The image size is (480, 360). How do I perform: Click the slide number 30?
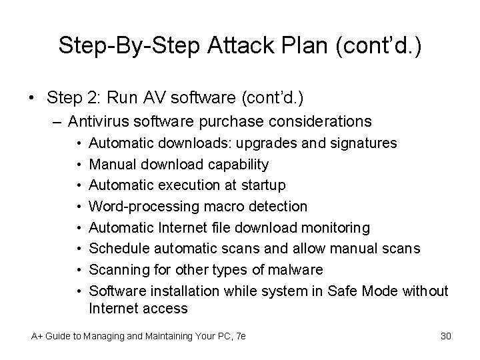446,336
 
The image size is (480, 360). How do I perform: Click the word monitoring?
335,227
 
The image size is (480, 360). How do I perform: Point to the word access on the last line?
166,308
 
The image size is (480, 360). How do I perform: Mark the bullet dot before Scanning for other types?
79,269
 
